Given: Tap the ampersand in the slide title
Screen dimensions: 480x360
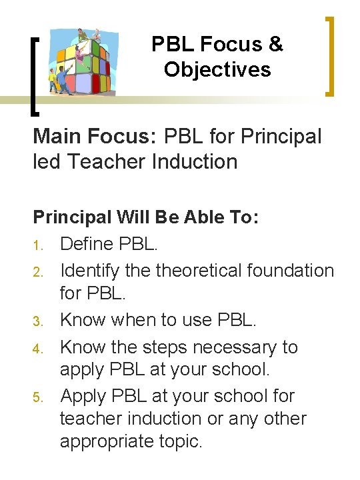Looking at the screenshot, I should (276, 45).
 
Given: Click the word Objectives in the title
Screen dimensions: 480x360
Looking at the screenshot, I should (217, 69).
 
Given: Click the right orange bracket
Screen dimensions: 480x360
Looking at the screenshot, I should (329, 56).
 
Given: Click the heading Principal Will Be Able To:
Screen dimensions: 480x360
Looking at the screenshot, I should (145, 218).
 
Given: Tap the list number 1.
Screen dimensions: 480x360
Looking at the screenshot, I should (39, 245).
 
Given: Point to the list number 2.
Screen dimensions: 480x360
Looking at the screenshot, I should (39, 271).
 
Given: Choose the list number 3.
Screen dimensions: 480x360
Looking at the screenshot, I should (39, 321).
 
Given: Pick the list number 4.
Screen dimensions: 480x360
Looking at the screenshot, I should (39, 347).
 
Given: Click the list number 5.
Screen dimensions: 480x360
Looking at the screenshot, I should (39, 397).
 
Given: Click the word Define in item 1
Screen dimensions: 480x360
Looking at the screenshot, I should (85, 243).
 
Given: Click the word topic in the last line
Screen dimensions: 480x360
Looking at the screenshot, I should (178, 441).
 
